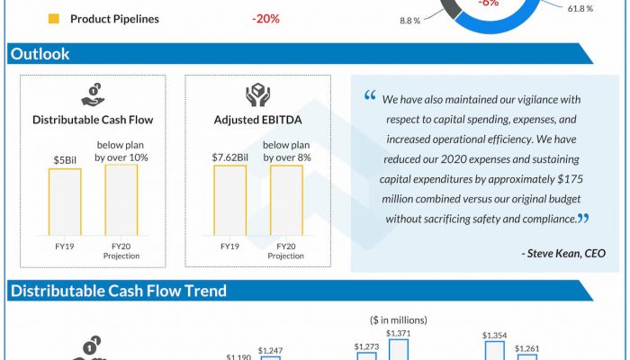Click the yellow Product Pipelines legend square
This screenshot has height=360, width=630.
(x=53, y=18)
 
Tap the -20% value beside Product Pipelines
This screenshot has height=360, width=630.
(x=266, y=18)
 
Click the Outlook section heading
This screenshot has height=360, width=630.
(x=40, y=55)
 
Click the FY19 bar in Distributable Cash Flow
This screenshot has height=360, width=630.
(x=66, y=202)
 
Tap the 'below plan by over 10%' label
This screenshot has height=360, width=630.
(x=121, y=150)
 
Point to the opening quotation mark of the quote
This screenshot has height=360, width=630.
(x=370, y=97)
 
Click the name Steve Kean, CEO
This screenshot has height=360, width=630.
(x=562, y=255)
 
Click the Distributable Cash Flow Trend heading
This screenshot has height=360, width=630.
(x=119, y=291)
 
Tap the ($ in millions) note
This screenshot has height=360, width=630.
(x=398, y=319)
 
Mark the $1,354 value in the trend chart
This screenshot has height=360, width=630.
(x=494, y=336)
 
